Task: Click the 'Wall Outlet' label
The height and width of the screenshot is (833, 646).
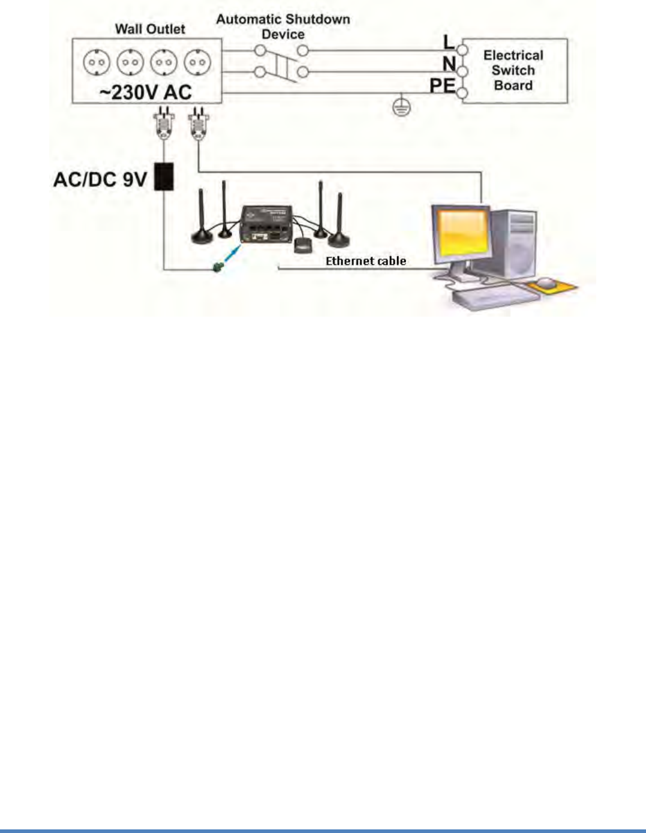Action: tap(150, 29)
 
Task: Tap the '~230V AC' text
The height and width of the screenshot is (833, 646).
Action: tap(146, 92)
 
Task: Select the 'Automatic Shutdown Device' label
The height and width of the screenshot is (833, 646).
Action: tap(283, 27)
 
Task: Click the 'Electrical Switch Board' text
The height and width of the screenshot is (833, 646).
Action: tap(513, 70)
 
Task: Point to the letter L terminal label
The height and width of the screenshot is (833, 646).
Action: tap(449, 42)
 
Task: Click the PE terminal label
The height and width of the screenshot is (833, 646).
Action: tap(442, 86)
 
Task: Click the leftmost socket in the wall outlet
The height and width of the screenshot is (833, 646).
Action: tap(97, 62)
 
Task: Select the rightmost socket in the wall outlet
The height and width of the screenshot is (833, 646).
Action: tap(197, 62)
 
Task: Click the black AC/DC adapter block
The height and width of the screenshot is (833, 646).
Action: tap(164, 176)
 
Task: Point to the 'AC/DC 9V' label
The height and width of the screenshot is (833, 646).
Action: tap(100, 179)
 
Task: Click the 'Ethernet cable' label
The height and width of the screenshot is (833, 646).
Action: tap(366, 261)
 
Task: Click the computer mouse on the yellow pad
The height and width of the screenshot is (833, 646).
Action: tap(546, 282)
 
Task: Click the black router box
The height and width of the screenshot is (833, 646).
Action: tap(266, 224)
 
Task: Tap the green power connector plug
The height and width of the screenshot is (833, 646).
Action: tap(218, 266)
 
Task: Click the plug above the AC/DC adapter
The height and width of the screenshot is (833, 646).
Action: tap(164, 124)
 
